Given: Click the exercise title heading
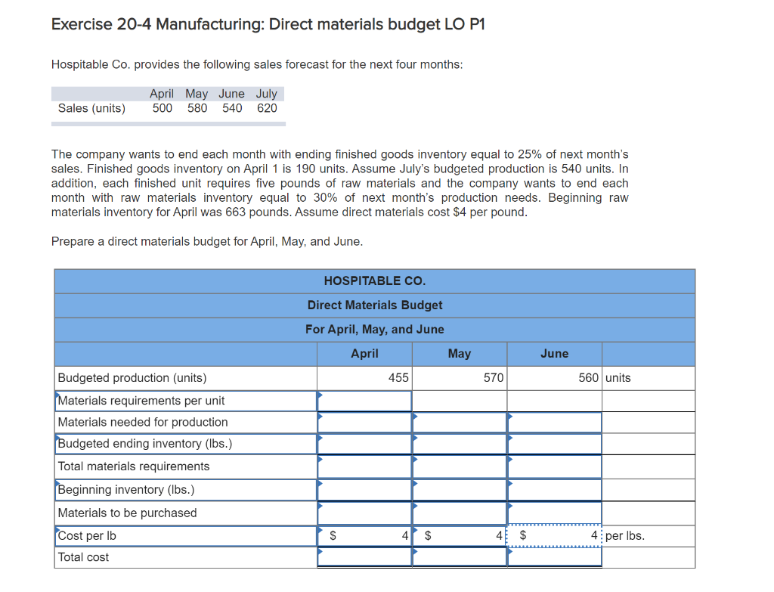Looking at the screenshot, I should click(268, 24).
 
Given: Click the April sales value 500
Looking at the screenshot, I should click(162, 108).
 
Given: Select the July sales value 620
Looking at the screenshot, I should click(267, 108).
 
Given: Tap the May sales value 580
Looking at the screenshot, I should click(197, 108).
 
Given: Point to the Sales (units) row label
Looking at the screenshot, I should click(91, 108).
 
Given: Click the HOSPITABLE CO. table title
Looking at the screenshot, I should click(374, 281).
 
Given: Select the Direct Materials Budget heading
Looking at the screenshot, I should click(374, 305).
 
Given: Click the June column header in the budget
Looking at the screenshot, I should click(554, 353).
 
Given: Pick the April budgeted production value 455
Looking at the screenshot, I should click(398, 377).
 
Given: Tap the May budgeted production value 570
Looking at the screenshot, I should click(493, 377).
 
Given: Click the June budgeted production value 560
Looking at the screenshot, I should click(588, 377).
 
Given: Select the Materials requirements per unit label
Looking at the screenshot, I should click(141, 400).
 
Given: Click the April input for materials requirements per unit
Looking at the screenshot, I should click(364, 401).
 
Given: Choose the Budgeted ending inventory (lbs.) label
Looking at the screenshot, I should click(145, 444).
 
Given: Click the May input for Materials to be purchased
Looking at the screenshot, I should click(460, 513).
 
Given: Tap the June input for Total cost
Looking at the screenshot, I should click(555, 557).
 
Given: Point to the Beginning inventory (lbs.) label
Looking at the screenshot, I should click(126, 490).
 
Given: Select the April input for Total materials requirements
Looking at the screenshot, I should click(364, 466).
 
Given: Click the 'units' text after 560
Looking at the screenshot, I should click(618, 377).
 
